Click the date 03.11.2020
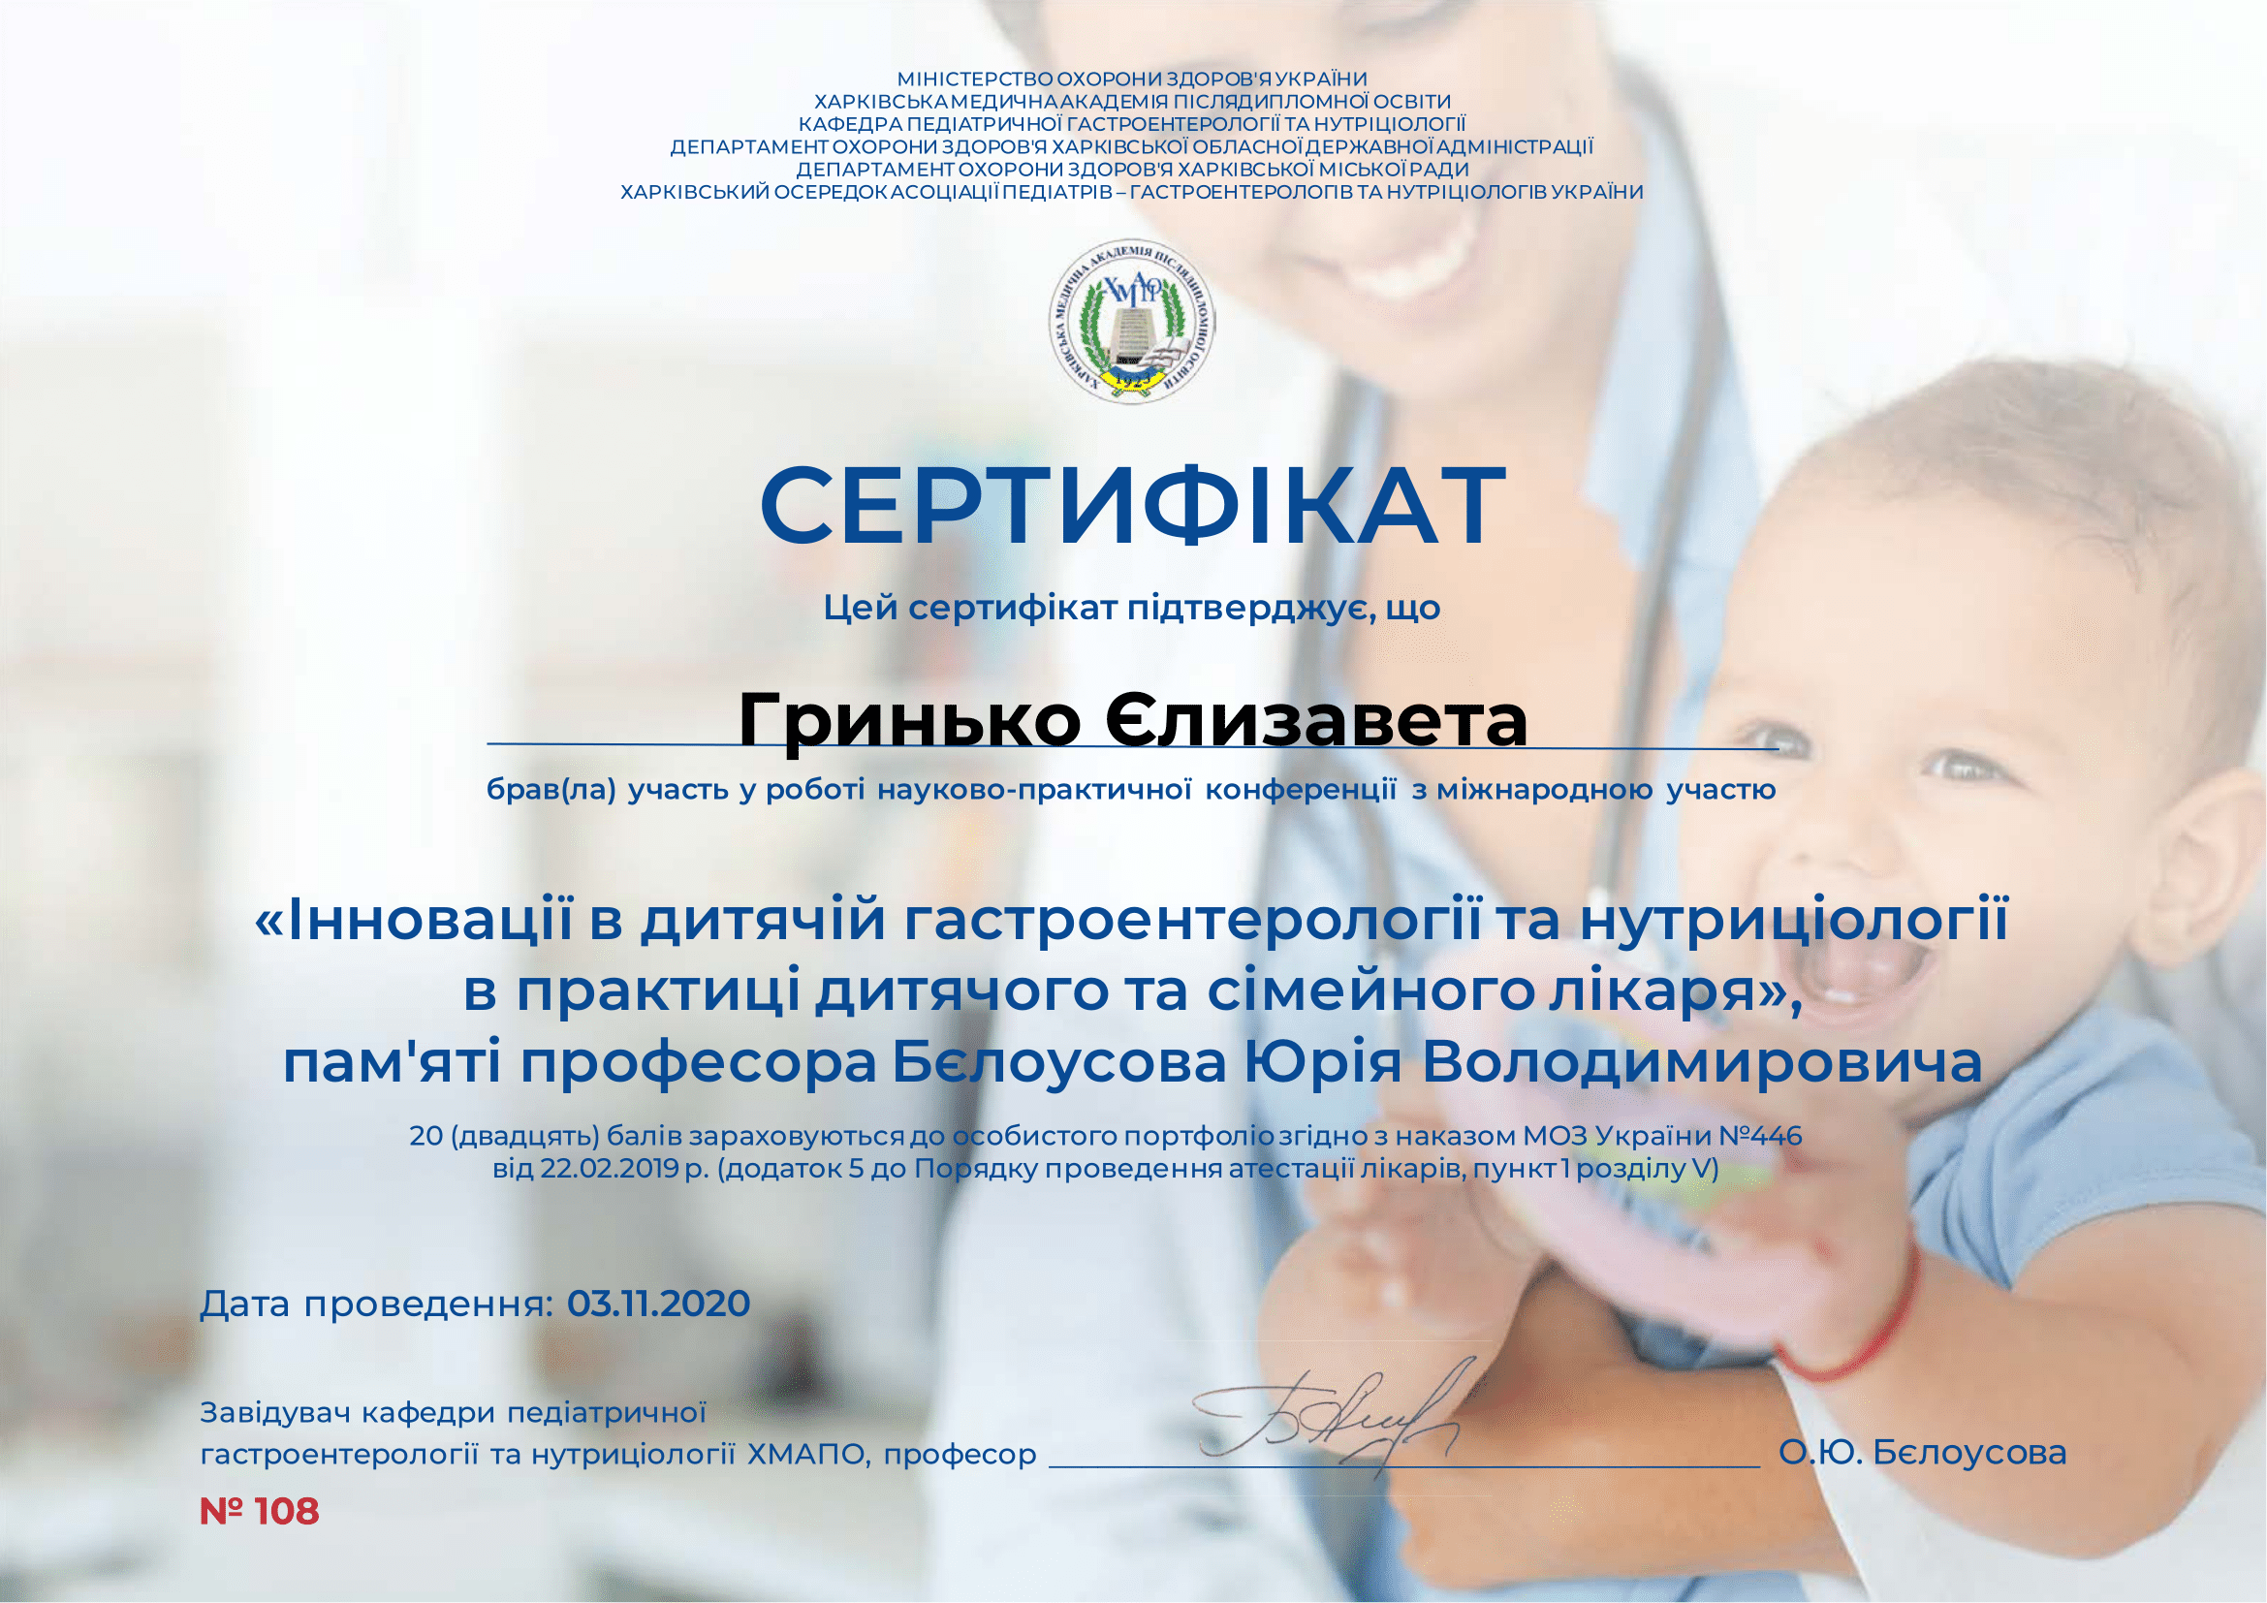tap(658, 1304)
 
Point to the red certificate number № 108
tap(260, 1511)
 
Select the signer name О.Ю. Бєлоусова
tap(1922, 1453)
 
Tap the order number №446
tap(1760, 1135)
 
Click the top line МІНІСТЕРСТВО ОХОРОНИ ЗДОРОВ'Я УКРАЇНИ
tap(1132, 78)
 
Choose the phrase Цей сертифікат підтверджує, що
tap(1132, 608)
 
